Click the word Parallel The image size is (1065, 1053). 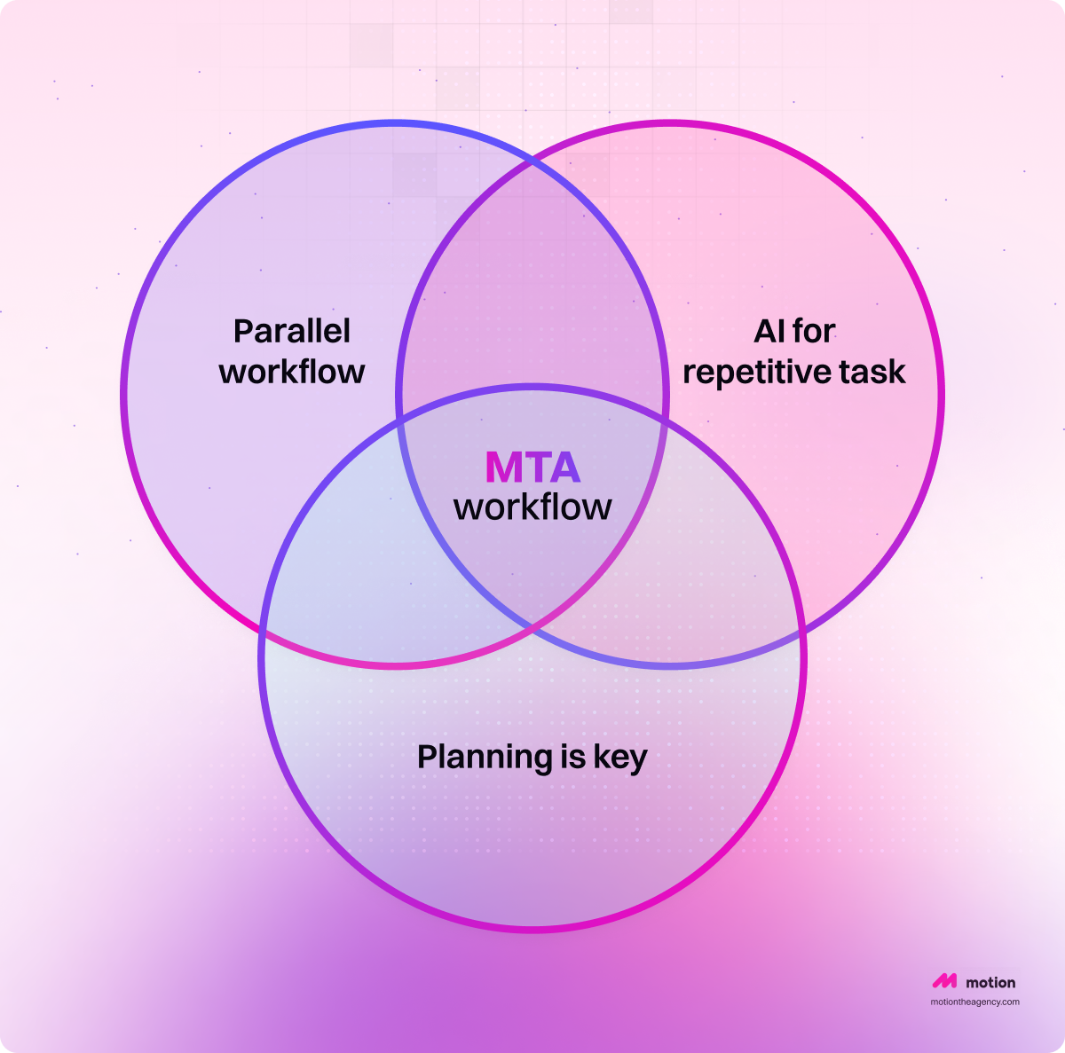pyautogui.click(x=291, y=332)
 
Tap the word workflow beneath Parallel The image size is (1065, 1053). pyautogui.click(x=291, y=372)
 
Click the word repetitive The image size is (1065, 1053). pyautogui.click(x=757, y=372)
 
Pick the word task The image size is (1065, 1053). pyautogui.click(x=873, y=372)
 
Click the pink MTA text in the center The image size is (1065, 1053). pyautogui.click(x=532, y=468)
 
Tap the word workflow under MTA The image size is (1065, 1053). pyautogui.click(x=532, y=507)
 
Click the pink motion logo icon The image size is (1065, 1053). pyautogui.click(x=944, y=982)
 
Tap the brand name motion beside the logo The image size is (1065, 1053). pyautogui.click(x=990, y=982)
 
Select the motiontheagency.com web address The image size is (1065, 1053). pyautogui.click(x=974, y=1002)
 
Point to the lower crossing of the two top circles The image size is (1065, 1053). pyautogui.click(x=532, y=628)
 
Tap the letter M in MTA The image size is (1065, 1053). pyautogui.click(x=502, y=468)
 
